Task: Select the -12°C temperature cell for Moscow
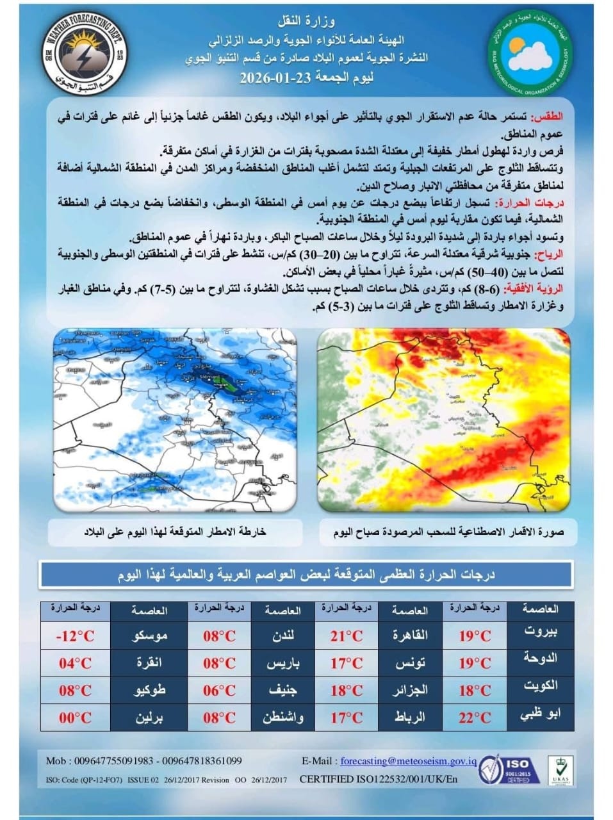(76, 635)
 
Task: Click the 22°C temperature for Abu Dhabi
(475, 717)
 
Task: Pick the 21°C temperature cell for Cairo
(347, 635)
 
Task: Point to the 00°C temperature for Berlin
(76, 717)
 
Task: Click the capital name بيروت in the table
(540, 631)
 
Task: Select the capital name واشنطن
(283, 717)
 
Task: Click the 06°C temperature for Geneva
(219, 691)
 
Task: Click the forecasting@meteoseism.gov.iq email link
(409, 760)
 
